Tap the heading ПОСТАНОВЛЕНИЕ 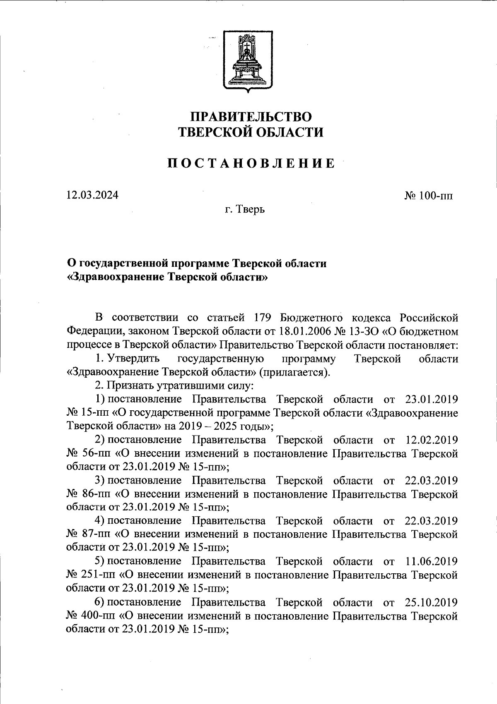(251, 164)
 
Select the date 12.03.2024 (92, 195)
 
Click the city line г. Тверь (245, 210)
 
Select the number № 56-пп (87, 453)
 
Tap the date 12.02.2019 (431, 440)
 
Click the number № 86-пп (87, 494)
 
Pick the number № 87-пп (87, 534)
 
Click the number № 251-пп (89, 575)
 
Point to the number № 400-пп (89, 615)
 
